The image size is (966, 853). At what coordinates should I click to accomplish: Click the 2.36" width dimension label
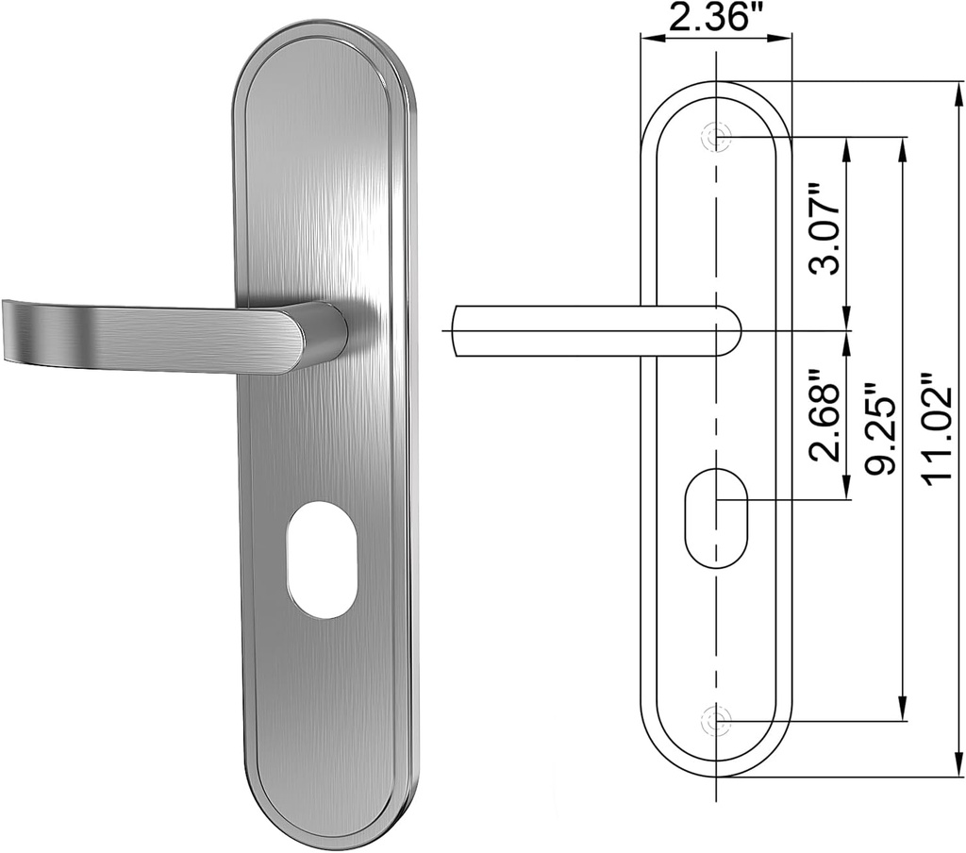click(715, 18)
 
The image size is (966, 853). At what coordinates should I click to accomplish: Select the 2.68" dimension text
click(826, 415)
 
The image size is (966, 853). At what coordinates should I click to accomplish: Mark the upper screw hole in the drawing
click(719, 137)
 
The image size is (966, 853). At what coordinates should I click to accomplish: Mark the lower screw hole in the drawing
click(719, 723)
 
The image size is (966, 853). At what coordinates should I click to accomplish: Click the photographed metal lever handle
click(170, 336)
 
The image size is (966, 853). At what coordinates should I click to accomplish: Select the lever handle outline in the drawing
click(594, 330)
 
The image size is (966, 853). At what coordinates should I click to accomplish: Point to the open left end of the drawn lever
click(456, 330)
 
